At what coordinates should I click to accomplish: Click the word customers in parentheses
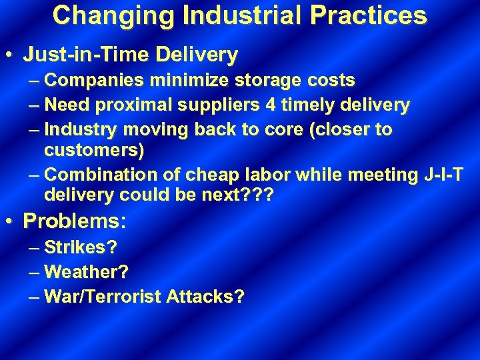point(93,151)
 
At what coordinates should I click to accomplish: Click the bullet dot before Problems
point(10,220)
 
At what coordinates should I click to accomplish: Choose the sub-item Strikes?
point(81,247)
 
